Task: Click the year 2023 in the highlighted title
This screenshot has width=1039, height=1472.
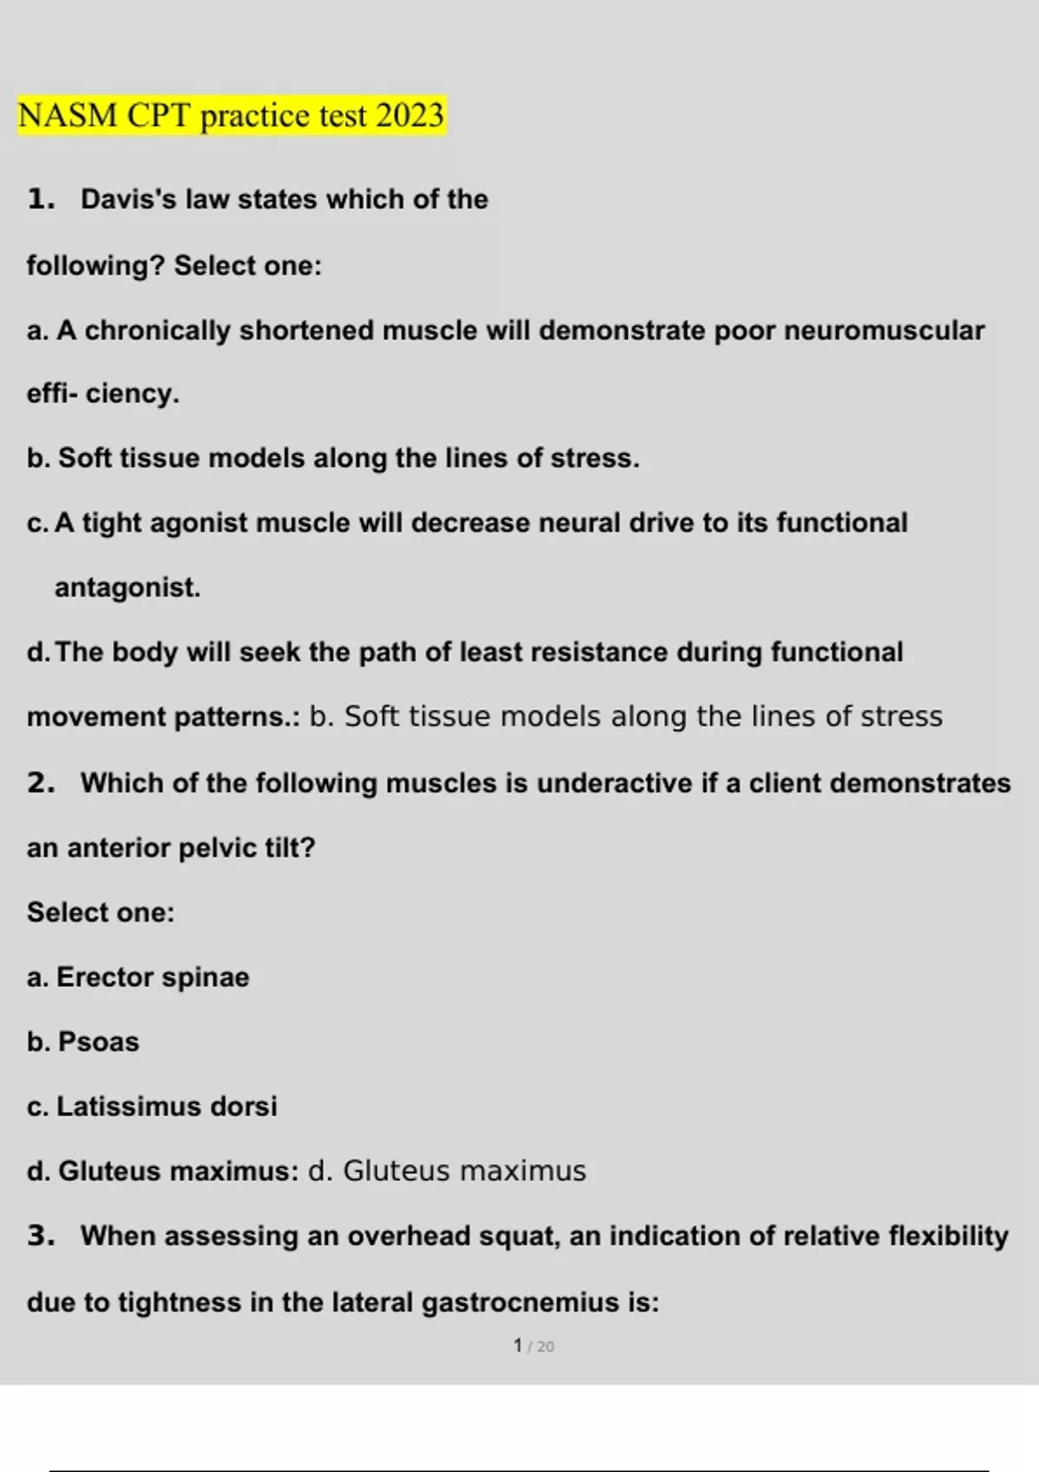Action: point(410,115)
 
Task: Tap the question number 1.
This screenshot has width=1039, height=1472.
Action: point(40,199)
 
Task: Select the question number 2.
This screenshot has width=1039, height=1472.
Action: point(40,783)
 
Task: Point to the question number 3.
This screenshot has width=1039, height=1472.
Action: point(40,1236)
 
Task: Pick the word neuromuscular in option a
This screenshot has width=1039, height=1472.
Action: point(883,331)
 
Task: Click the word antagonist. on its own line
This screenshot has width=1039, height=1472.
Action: point(127,588)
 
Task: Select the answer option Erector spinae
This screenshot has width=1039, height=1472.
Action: point(152,978)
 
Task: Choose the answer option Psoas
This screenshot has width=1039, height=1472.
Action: point(98,1042)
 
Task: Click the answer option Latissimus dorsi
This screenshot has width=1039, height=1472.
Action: point(166,1107)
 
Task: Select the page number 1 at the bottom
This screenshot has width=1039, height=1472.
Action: point(518,1346)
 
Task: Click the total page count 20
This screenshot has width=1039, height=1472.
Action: point(545,1346)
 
